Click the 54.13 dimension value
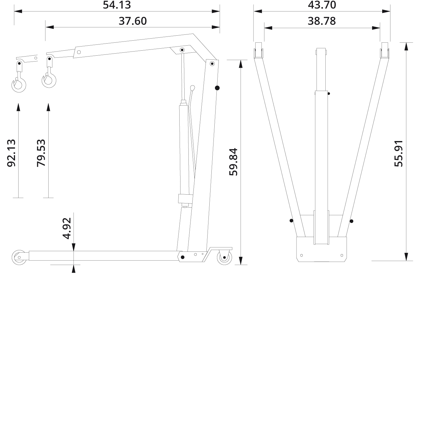(x=117, y=5)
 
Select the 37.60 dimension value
(x=132, y=21)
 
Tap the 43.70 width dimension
(x=322, y=5)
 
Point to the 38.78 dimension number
(x=322, y=21)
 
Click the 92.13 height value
(x=11, y=153)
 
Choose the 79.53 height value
(x=41, y=153)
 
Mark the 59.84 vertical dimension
(x=233, y=162)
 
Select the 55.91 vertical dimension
(x=398, y=153)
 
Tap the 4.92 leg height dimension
(x=67, y=228)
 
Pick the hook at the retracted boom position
(x=49, y=80)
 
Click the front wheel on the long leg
(x=19, y=257)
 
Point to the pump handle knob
(x=193, y=88)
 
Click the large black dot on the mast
(x=217, y=88)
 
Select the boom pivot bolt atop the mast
(x=212, y=64)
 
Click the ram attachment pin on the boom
(x=182, y=50)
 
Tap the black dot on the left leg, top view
(x=291, y=221)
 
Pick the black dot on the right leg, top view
(x=351, y=221)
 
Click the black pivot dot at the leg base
(x=183, y=257)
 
